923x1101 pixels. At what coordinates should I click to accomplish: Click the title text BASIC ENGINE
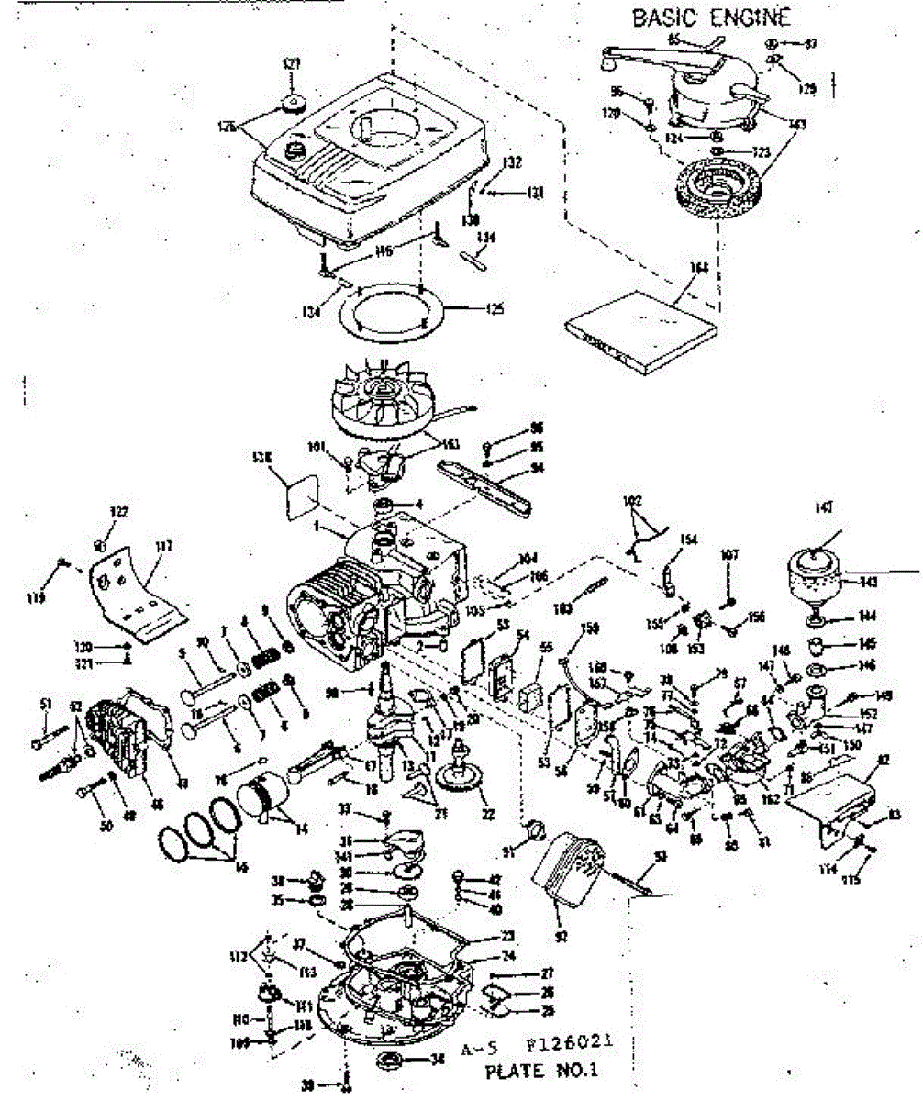pos(710,18)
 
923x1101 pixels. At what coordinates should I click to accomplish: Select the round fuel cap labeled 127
pos(293,103)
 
